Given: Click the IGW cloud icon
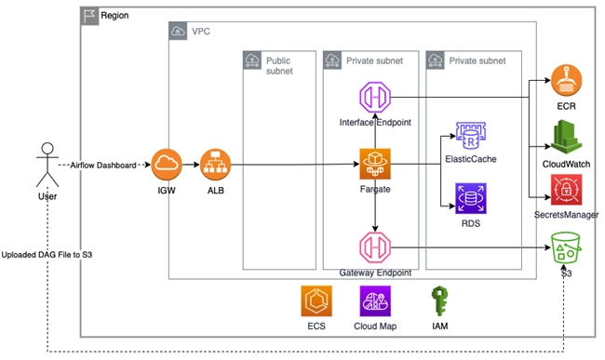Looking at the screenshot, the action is pyautogui.click(x=167, y=165).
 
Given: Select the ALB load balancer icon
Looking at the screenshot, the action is pyautogui.click(x=215, y=165).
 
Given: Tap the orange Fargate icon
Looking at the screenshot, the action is pyautogui.click(x=375, y=164).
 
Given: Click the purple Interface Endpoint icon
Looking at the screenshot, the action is pyautogui.click(x=375, y=97).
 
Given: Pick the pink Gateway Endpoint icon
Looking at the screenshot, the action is pyautogui.click(x=375, y=247).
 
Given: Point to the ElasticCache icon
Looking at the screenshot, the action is pyautogui.click(x=471, y=136).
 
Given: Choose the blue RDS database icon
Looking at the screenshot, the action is pyautogui.click(x=471, y=198).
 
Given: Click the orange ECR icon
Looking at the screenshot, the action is pyautogui.click(x=566, y=81).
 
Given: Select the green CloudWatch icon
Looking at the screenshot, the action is pyautogui.click(x=566, y=138).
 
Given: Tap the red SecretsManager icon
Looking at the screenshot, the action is pyautogui.click(x=566, y=190).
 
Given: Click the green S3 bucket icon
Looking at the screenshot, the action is pyautogui.click(x=565, y=247).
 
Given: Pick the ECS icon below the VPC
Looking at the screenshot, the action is pyautogui.click(x=316, y=301).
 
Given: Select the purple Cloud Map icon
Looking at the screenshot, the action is pyautogui.click(x=375, y=301).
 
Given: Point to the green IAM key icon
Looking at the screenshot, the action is pyautogui.click(x=440, y=301).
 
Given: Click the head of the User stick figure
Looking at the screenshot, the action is pyautogui.click(x=47, y=149).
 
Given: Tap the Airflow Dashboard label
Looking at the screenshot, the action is pyautogui.click(x=103, y=166).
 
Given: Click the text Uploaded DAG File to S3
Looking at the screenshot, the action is pyautogui.click(x=47, y=255).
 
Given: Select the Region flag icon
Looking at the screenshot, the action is pyautogui.click(x=89, y=16).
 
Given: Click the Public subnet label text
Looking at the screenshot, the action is pyautogui.click(x=279, y=66).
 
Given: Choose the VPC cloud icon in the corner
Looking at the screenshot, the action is pyautogui.click(x=178, y=31).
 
